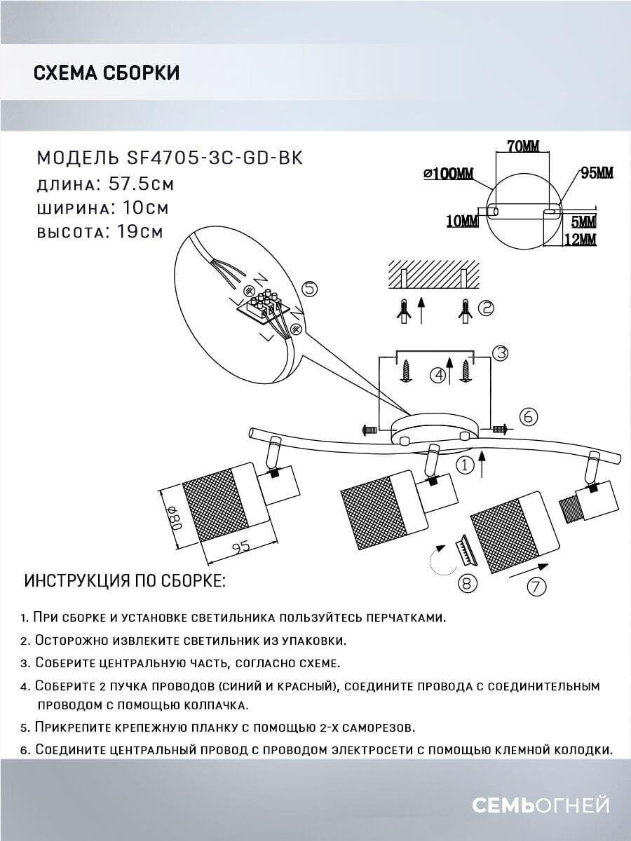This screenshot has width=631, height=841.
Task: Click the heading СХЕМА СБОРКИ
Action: tap(107, 73)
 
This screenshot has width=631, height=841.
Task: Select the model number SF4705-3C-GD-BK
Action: tap(216, 158)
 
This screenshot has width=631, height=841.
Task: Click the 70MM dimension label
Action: tap(522, 146)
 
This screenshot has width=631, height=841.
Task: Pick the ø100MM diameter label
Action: tap(449, 174)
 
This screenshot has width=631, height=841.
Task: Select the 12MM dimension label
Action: tap(579, 240)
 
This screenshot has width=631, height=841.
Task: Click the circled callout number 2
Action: tap(486, 307)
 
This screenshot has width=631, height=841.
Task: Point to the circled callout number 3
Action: tap(499, 354)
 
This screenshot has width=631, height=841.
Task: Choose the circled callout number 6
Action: tap(529, 417)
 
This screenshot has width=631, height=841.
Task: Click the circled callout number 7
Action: tap(536, 587)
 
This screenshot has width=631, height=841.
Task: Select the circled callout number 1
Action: tap(463, 464)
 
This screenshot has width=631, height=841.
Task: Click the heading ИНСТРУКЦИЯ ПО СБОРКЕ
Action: tap(125, 581)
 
